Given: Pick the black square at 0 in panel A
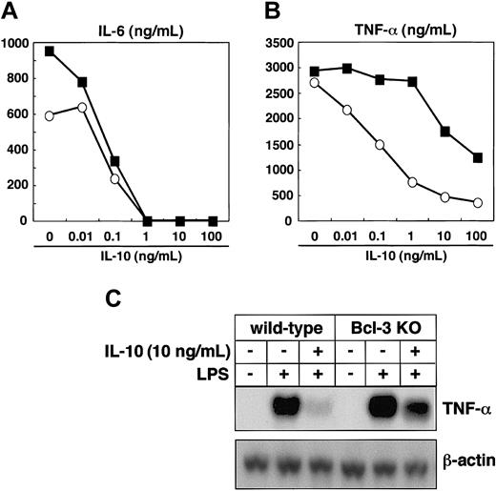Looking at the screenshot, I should (x=51, y=51).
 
